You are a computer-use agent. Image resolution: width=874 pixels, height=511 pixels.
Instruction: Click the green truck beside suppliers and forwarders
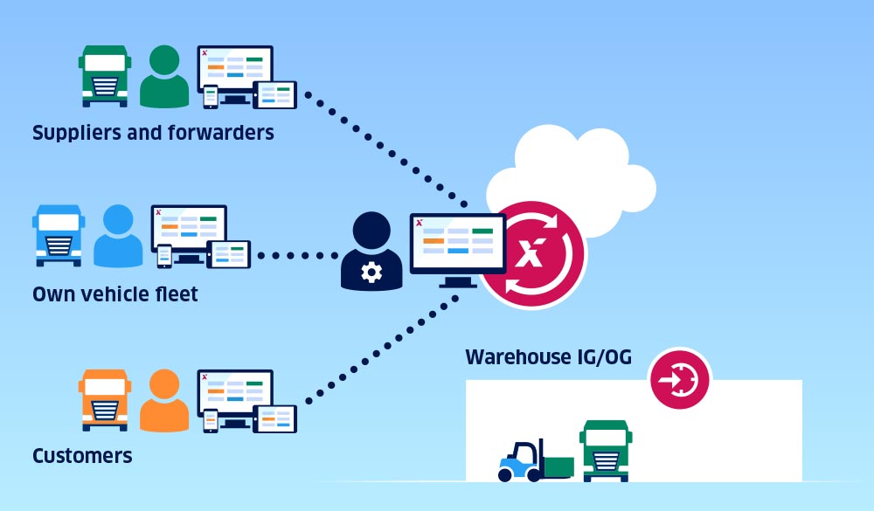(x=104, y=76)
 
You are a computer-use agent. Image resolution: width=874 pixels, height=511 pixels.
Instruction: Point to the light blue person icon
(x=117, y=237)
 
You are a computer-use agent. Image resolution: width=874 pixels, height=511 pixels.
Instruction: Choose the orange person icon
(x=164, y=401)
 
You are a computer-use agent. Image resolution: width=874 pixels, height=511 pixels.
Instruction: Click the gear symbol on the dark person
(x=371, y=273)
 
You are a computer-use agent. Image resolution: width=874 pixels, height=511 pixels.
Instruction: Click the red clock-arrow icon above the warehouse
(x=679, y=380)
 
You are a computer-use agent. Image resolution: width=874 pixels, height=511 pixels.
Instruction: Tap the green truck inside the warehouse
(x=606, y=450)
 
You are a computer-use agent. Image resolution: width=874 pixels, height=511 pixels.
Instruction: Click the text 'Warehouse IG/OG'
(x=548, y=357)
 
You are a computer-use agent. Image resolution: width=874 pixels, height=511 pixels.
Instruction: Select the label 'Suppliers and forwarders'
(x=153, y=133)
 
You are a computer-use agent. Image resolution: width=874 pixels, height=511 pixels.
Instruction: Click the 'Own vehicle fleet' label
(x=115, y=294)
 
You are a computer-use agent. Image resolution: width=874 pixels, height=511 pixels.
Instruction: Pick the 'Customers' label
(x=82, y=456)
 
